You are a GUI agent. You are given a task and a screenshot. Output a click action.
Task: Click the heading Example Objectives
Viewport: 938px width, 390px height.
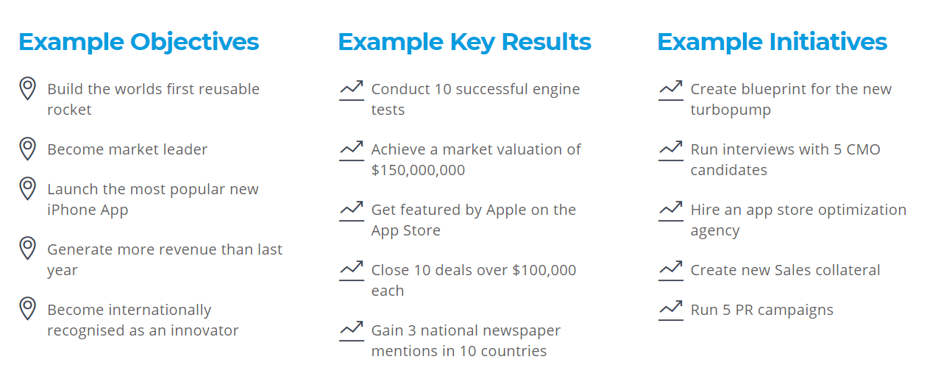(x=138, y=43)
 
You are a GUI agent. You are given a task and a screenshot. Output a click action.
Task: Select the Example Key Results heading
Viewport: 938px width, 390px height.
(x=464, y=43)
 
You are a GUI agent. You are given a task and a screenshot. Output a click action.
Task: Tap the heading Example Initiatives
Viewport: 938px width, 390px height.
(x=772, y=43)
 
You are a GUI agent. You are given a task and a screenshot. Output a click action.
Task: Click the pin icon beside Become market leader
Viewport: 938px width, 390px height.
(x=28, y=149)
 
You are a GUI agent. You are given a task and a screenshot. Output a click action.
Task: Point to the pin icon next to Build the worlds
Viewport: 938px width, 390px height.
(x=28, y=88)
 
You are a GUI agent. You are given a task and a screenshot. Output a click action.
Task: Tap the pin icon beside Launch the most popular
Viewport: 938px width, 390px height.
(x=28, y=188)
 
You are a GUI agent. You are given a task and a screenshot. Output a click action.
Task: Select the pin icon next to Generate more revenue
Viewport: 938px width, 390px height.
(x=28, y=249)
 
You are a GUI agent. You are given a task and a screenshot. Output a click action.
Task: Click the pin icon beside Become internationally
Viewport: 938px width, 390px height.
(x=28, y=309)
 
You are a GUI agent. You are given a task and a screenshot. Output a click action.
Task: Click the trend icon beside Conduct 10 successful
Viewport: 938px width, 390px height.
(x=352, y=91)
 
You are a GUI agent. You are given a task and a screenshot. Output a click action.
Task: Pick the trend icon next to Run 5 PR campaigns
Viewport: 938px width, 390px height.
(x=670, y=311)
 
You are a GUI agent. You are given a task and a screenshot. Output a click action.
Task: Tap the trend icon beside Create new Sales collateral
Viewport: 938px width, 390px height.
(x=670, y=271)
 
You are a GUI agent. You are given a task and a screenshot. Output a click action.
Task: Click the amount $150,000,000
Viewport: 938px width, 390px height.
(x=418, y=170)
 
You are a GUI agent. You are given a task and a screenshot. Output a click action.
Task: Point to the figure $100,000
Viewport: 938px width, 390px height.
(x=544, y=270)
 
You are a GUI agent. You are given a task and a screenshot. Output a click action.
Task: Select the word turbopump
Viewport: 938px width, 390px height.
(x=731, y=110)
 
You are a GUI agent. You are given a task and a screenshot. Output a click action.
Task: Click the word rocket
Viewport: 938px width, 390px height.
(x=69, y=110)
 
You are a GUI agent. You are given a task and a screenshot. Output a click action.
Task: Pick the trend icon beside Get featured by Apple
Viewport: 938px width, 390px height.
(x=352, y=211)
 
